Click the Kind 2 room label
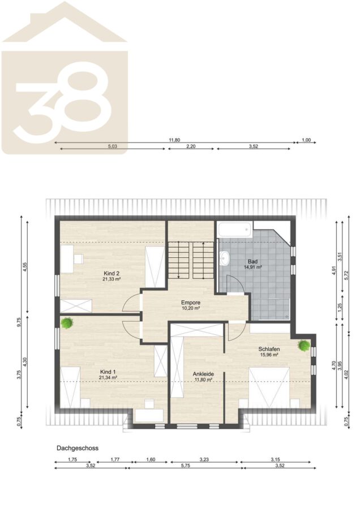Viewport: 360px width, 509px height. pyautogui.click(x=112, y=273)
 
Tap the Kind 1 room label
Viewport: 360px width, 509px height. pyautogui.click(x=108, y=372)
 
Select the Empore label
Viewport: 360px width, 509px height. pyautogui.click(x=191, y=303)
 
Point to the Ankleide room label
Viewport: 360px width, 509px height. pyautogui.click(x=203, y=374)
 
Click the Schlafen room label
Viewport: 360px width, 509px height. pyautogui.click(x=269, y=350)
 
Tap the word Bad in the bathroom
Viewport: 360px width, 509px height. pyautogui.click(x=252, y=262)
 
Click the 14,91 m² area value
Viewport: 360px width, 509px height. pyautogui.click(x=253, y=267)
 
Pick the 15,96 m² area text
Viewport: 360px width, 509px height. pyautogui.click(x=269, y=355)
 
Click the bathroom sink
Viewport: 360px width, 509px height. pyautogui.click(x=224, y=258)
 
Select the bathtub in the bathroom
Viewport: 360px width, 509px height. pyautogui.click(x=234, y=230)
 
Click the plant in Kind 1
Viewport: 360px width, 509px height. pyautogui.click(x=67, y=323)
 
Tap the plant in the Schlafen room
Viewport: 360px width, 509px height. pyautogui.click(x=304, y=346)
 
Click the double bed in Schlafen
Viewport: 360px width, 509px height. pyautogui.click(x=269, y=387)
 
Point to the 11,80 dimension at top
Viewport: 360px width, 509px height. pyautogui.click(x=174, y=140)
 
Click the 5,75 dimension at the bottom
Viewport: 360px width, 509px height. pyautogui.click(x=185, y=465)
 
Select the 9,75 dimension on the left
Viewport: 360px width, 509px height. pyautogui.click(x=19, y=323)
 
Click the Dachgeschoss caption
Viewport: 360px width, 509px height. pyautogui.click(x=78, y=448)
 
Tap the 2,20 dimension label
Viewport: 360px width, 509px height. pyautogui.click(x=191, y=146)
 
